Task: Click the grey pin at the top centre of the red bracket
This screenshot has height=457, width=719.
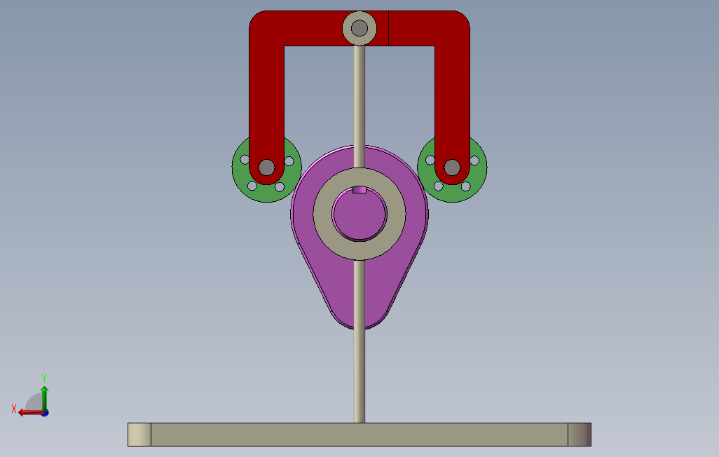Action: click(359, 28)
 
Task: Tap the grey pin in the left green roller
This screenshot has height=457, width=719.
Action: click(267, 168)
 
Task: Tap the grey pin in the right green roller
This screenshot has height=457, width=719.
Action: click(452, 168)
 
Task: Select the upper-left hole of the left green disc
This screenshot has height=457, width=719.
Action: click(245, 160)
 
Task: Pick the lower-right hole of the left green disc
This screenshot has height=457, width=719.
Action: click(280, 186)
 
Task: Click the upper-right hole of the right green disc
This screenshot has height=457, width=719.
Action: click(474, 161)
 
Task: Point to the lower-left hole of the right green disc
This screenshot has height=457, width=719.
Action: click(439, 186)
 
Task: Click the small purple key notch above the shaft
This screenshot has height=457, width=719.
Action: click(359, 189)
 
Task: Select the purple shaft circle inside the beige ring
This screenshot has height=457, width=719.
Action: click(359, 214)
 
